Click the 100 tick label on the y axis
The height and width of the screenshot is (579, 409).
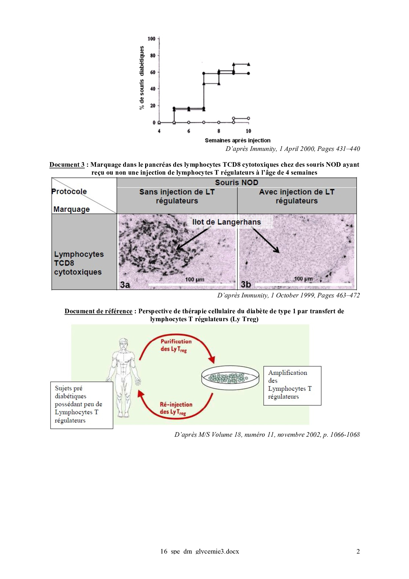151,39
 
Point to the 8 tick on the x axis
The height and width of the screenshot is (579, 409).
219,131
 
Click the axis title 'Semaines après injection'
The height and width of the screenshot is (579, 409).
237,140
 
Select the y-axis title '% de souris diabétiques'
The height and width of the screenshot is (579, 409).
142,78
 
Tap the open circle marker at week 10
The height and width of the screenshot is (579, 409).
248,118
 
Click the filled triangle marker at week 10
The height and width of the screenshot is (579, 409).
248,64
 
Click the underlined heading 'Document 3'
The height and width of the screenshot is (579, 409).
67,164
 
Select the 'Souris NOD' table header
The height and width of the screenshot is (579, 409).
236,183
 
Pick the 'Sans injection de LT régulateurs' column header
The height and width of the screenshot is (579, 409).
177,196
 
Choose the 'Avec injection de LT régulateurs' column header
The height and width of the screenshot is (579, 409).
297,196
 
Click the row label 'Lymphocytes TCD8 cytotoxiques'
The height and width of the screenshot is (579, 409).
79,263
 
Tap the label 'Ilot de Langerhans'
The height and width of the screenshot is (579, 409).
226,222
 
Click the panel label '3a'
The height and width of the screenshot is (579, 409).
125,285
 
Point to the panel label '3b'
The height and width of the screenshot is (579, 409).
246,284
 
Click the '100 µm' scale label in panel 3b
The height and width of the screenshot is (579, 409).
303,279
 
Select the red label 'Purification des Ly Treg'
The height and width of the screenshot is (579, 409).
175,345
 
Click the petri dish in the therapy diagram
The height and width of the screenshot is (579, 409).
230,376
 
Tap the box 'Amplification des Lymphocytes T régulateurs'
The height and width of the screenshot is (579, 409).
292,385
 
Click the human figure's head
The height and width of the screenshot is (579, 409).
123,344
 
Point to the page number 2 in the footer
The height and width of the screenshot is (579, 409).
358,551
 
